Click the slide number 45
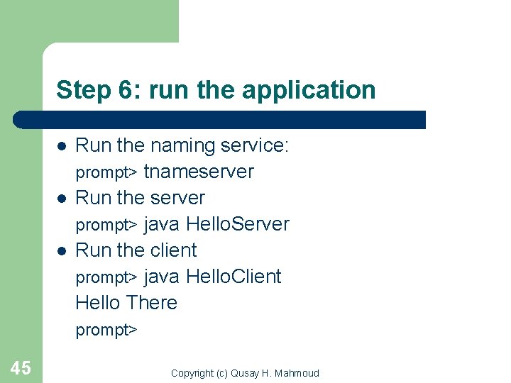21,367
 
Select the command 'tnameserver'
199,172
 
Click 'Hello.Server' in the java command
238,224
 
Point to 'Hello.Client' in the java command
233,277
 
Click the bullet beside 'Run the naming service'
62,146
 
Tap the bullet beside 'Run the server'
62,199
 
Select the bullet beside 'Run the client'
62,251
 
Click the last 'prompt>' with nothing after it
106,331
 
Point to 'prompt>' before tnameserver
106,173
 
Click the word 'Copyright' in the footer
192,373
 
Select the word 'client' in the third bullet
174,250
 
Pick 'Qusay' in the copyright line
245,373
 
